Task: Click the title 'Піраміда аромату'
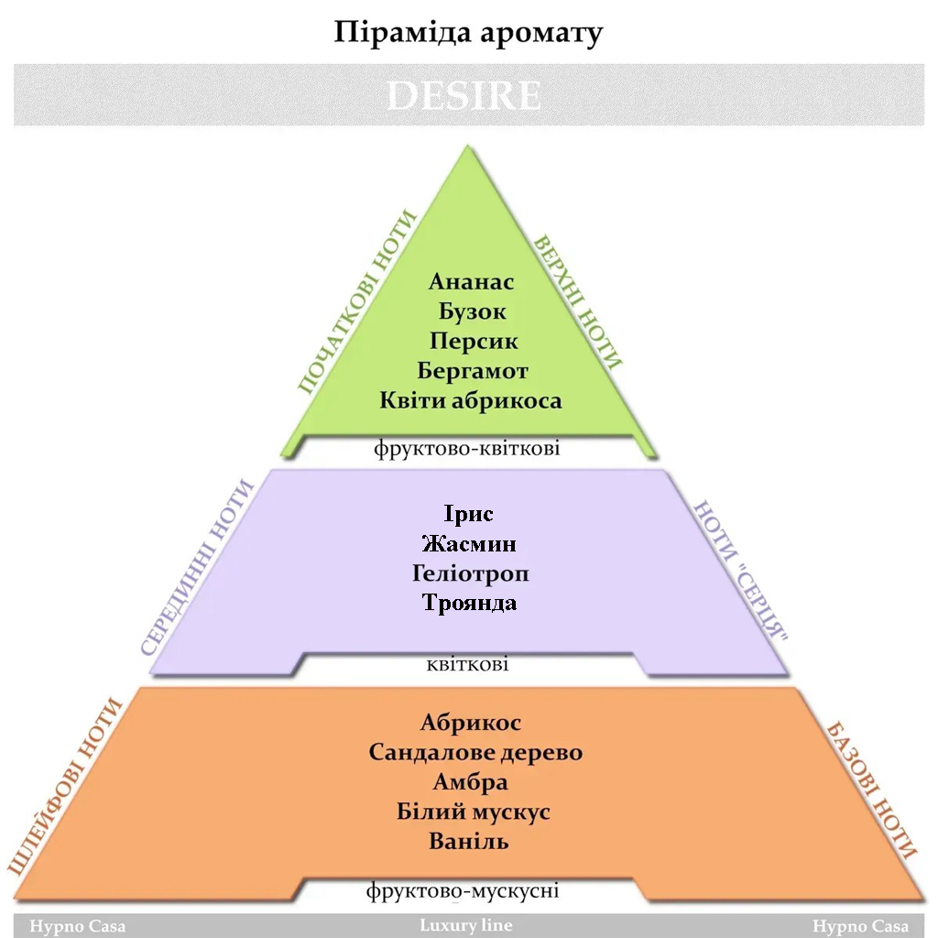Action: (x=468, y=33)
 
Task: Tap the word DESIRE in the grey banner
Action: (x=464, y=96)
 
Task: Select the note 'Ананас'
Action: (x=471, y=282)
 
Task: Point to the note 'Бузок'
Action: (x=472, y=311)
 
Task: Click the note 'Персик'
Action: (x=473, y=341)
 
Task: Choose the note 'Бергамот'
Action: (x=473, y=371)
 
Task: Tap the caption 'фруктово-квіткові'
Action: (x=467, y=449)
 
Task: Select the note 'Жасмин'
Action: (x=469, y=544)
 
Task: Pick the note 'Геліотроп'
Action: (x=471, y=574)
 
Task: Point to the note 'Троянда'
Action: (x=469, y=603)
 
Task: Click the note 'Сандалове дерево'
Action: (x=475, y=753)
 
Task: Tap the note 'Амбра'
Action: (x=471, y=782)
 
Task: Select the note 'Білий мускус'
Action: (x=474, y=812)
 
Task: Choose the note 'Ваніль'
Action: (x=469, y=841)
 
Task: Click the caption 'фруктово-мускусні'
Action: (x=463, y=890)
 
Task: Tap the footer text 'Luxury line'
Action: (x=466, y=925)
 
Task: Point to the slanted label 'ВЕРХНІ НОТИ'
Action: (x=578, y=302)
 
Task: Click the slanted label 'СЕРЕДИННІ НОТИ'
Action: (x=198, y=567)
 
